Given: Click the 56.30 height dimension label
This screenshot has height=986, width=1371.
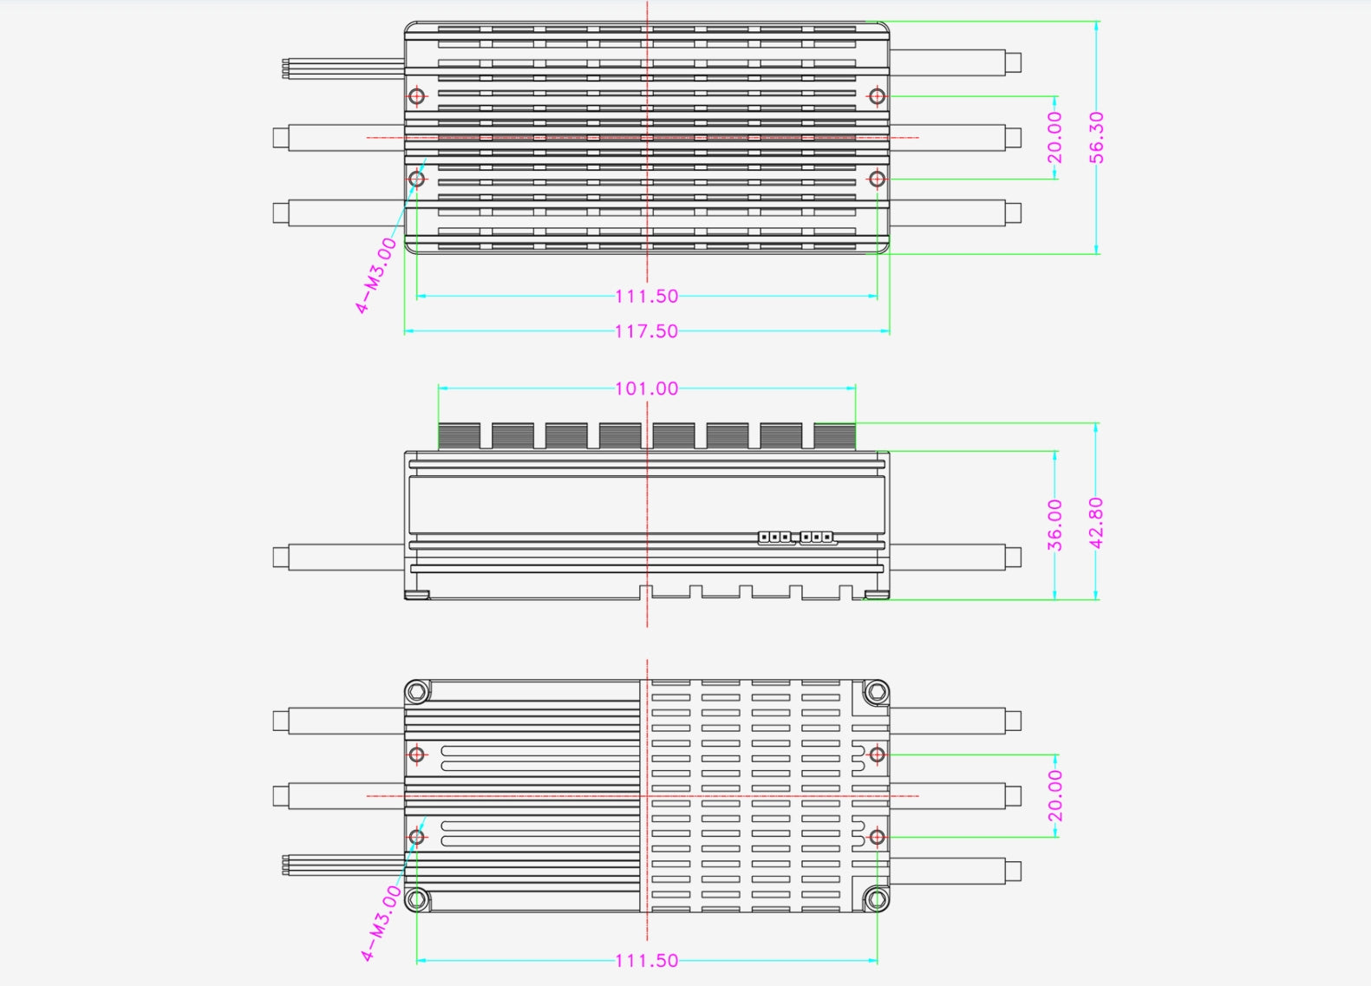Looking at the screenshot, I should pos(1097,137).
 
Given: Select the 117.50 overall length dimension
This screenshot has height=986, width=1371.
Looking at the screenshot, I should pos(646,331).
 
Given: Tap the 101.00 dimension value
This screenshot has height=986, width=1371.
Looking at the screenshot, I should pos(646,389).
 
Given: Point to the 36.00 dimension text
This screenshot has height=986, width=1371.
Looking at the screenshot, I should pos(1054,525).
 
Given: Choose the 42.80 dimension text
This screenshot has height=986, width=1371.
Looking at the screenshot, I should pos(1096,522).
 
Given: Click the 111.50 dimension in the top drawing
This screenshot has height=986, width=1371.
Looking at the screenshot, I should pos(646,297).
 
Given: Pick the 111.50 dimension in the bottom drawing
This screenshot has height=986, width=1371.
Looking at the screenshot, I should pos(646,961).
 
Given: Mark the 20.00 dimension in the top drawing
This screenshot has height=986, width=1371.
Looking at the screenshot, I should pos(1054,137).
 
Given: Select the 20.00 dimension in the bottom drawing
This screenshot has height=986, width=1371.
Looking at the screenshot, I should pos(1054,795).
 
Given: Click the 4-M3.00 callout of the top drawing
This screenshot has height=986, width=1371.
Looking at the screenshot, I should pos(376,275).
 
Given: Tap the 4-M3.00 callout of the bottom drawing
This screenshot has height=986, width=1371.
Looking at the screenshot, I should pos(382,923).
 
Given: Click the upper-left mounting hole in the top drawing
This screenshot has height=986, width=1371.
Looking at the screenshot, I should pos(417,95).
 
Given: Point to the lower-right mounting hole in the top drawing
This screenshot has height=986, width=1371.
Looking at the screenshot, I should pos(877,179).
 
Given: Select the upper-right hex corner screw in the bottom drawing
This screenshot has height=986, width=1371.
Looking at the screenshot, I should pos(876,692).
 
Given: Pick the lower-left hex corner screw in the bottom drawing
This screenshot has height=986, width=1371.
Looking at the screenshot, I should pos(417,898).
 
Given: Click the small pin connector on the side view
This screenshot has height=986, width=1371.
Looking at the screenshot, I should pos(797,538).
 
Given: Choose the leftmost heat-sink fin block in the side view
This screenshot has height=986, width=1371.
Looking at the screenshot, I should pos(459,436).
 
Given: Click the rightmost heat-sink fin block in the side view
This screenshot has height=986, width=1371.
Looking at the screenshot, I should pos(834,436).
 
